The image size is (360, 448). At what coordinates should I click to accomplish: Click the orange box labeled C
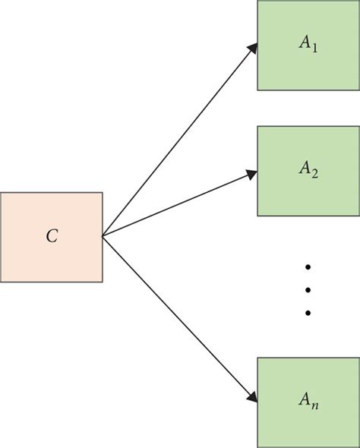point(51,237)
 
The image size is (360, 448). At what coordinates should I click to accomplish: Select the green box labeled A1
point(308,46)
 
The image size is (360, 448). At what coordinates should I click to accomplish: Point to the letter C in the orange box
point(51,237)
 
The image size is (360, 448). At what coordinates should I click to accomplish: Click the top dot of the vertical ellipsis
point(308,267)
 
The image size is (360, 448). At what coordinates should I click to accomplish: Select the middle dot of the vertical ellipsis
point(308,290)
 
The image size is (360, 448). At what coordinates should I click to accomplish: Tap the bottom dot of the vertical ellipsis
point(308,312)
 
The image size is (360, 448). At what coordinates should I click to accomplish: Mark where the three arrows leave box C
point(103,236)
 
